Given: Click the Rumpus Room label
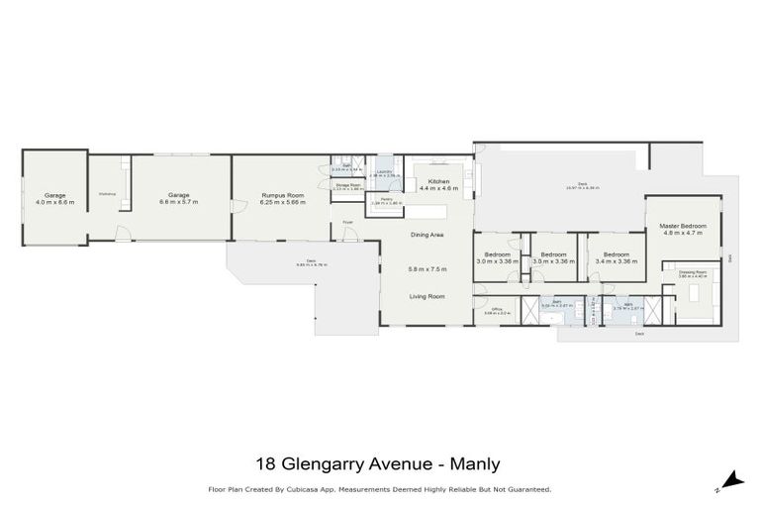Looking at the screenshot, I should click(282, 195).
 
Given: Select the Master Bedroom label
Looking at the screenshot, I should click(684, 227).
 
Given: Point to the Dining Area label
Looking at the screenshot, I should click(427, 235).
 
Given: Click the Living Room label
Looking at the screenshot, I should click(427, 296).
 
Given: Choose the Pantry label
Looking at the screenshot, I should click(380, 199).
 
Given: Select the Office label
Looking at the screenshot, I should click(498, 309).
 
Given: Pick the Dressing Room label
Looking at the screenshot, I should click(692, 271).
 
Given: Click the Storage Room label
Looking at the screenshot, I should click(346, 183).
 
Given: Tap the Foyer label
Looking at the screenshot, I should click(348, 222).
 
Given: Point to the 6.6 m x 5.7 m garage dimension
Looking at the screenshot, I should click(178, 201).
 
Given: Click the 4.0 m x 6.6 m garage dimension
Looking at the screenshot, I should click(54, 201).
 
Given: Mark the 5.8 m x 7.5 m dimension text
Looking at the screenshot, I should click(427, 268).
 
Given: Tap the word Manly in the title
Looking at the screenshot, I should click(475, 462).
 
